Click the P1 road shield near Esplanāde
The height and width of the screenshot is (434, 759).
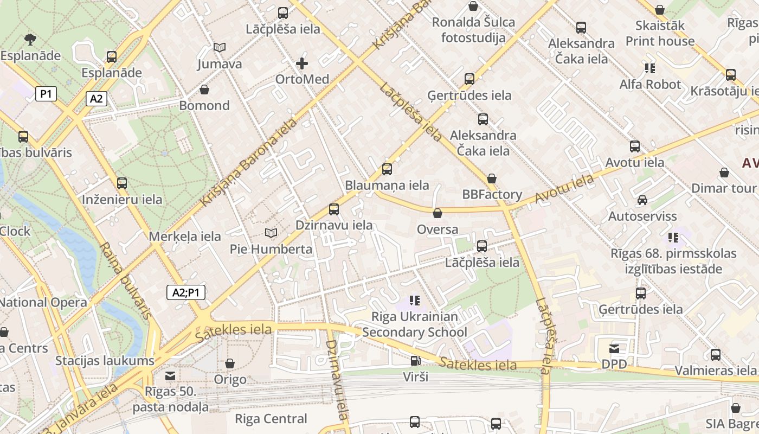pyautogui.click(x=46, y=94)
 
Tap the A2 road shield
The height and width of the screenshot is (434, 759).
pyautogui.click(x=96, y=99)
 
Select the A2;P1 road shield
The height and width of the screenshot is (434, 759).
pyautogui.click(x=185, y=292)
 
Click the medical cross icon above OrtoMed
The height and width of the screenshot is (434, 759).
pyautogui.click(x=302, y=63)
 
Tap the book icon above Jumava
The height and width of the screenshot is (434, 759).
pyautogui.click(x=219, y=48)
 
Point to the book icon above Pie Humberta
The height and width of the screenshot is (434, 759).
pyautogui.click(x=271, y=233)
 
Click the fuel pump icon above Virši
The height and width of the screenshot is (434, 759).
pyautogui.click(x=415, y=360)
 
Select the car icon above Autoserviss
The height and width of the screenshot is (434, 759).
pyautogui.click(x=642, y=200)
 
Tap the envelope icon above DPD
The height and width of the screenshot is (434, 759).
pyautogui.click(x=614, y=348)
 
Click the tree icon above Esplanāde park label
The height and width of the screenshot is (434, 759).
pyautogui.click(x=30, y=39)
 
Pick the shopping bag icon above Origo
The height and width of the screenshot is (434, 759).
pyautogui.click(x=230, y=363)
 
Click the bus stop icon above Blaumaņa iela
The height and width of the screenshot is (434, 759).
pyautogui.click(x=387, y=169)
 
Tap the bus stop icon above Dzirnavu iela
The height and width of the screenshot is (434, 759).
pyautogui.click(x=333, y=209)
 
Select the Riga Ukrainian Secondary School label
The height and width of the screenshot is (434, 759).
pyautogui.click(x=415, y=324)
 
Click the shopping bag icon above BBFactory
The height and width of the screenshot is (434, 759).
pyautogui.click(x=492, y=178)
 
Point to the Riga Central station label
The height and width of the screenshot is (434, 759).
pyautogui.click(x=271, y=419)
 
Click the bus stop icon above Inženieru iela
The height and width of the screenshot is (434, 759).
pyautogui.click(x=121, y=183)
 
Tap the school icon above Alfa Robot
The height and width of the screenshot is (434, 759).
pyautogui.click(x=649, y=68)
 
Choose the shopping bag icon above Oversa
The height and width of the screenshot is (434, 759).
pyautogui.click(x=438, y=213)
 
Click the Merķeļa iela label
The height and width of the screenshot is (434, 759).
pyautogui.click(x=185, y=237)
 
